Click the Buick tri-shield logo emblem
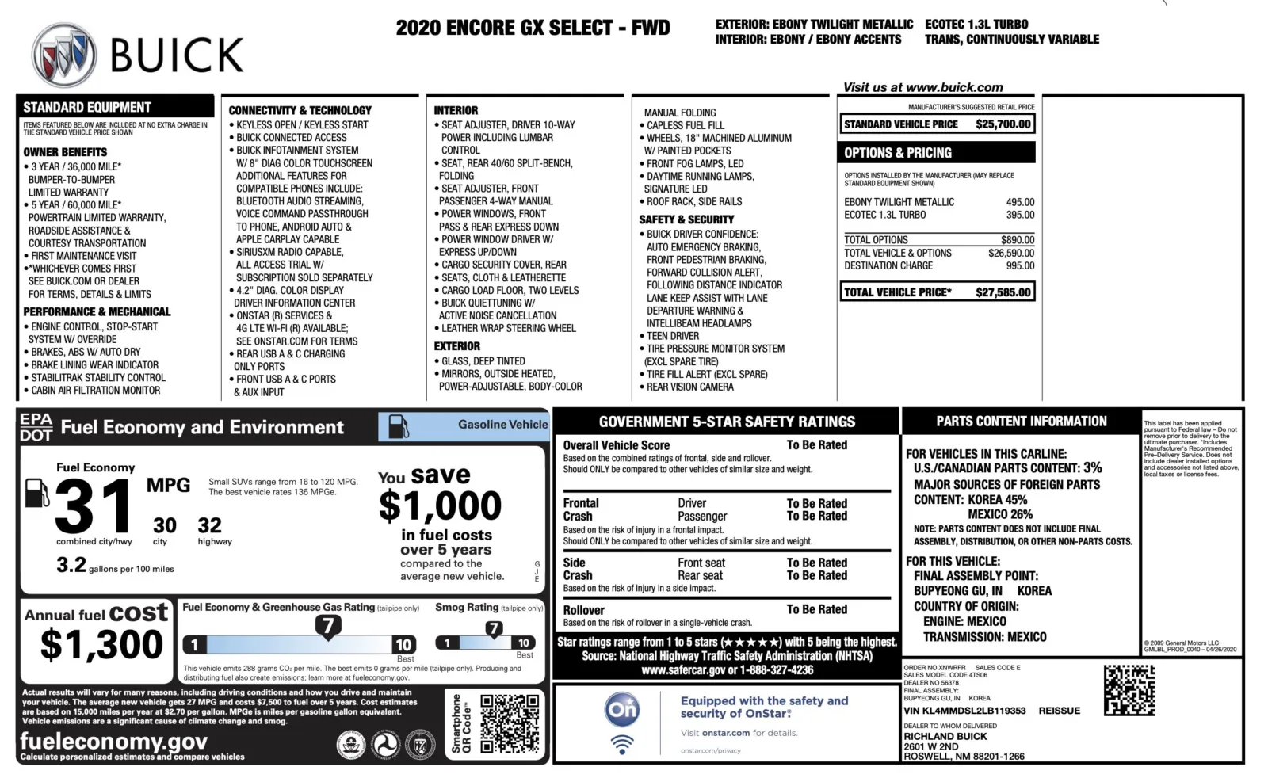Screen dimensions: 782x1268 (x=63, y=55)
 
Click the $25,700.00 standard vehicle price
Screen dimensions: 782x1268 (x=1003, y=124)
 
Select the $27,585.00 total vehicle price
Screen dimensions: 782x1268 (x=1003, y=292)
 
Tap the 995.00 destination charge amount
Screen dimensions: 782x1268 (x=1020, y=266)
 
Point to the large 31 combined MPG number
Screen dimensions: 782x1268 (x=94, y=507)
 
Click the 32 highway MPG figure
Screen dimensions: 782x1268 (x=209, y=525)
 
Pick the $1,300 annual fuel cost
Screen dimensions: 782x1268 (x=101, y=644)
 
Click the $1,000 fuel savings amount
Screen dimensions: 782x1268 (x=440, y=505)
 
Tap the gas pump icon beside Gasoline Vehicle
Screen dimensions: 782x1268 (x=399, y=426)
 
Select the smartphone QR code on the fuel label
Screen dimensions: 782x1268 (x=510, y=723)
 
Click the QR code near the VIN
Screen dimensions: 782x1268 (x=1129, y=690)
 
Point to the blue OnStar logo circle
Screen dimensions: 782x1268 (x=622, y=709)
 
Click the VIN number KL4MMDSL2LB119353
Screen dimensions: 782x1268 (x=964, y=711)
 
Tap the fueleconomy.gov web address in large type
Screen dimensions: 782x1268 (x=113, y=741)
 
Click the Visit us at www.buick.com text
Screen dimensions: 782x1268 (x=922, y=87)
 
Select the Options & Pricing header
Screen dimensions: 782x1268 (x=898, y=153)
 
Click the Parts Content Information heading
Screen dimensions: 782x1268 (x=1021, y=422)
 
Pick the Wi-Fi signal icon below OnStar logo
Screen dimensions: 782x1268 (x=622, y=745)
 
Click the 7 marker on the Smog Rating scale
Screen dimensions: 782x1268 (x=494, y=629)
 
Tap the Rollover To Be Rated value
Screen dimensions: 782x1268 (x=816, y=609)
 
